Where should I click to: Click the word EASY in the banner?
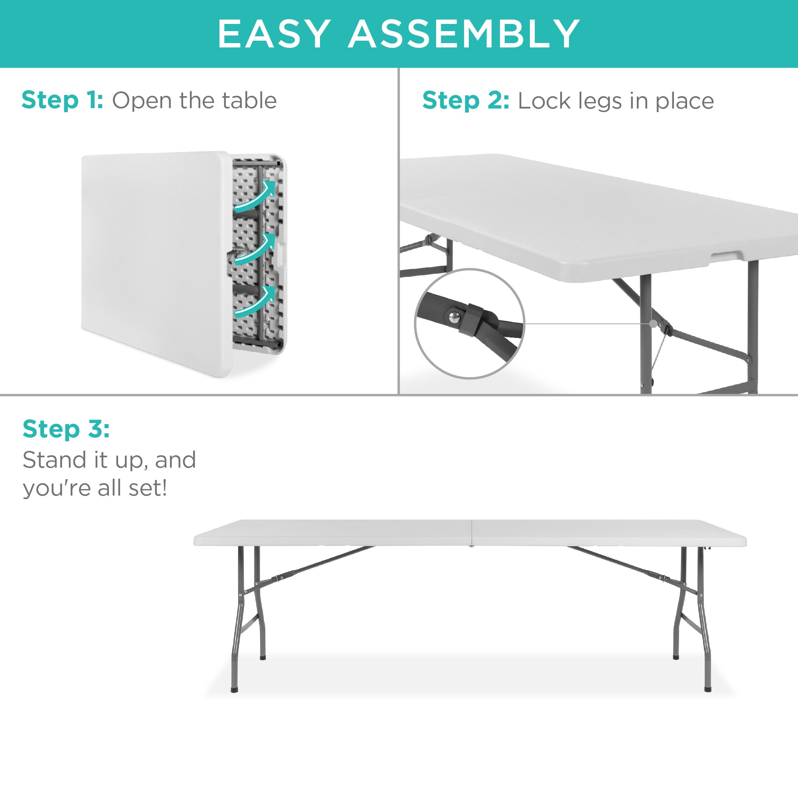(x=274, y=34)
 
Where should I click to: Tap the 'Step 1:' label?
(x=62, y=101)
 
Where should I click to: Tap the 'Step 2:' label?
(x=466, y=101)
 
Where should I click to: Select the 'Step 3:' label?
(x=66, y=429)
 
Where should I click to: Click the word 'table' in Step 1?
(x=249, y=101)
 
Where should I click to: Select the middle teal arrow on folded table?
(x=255, y=249)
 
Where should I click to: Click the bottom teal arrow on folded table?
(x=255, y=302)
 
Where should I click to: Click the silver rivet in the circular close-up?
(x=455, y=317)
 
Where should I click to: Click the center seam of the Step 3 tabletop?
(x=471, y=533)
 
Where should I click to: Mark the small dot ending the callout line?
(x=653, y=324)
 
